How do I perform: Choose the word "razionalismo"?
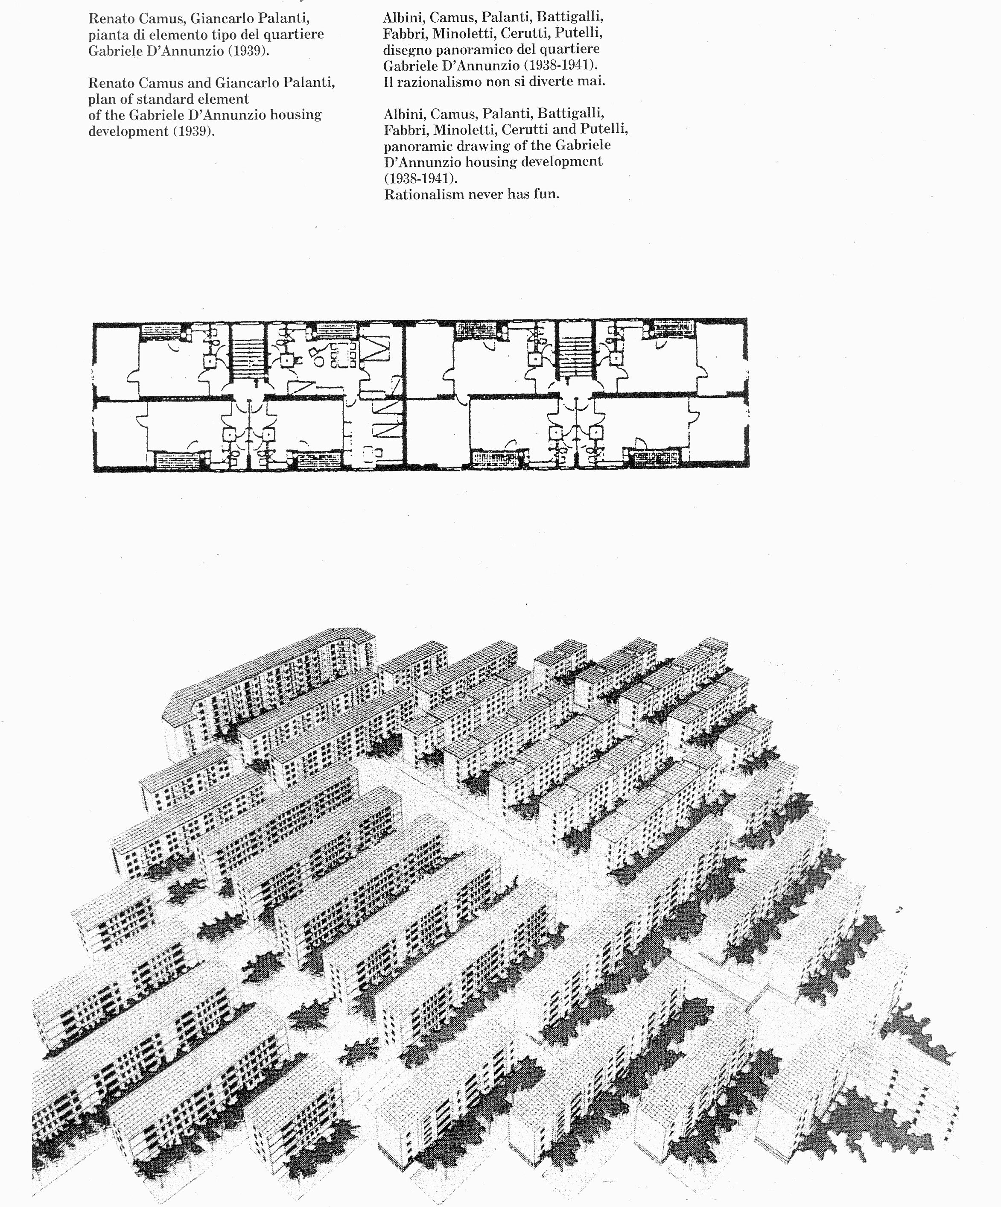(x=443, y=82)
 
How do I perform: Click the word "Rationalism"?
(x=423, y=194)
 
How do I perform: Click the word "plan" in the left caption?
(x=102, y=100)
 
